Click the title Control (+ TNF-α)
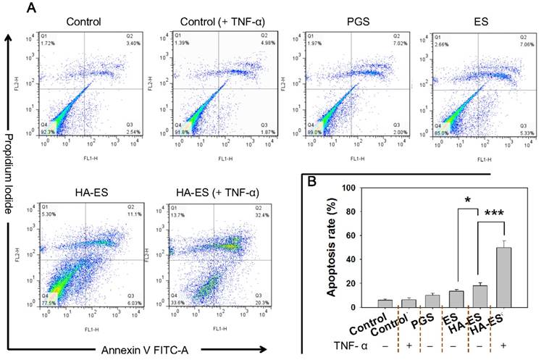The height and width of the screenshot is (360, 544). click(209, 22)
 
